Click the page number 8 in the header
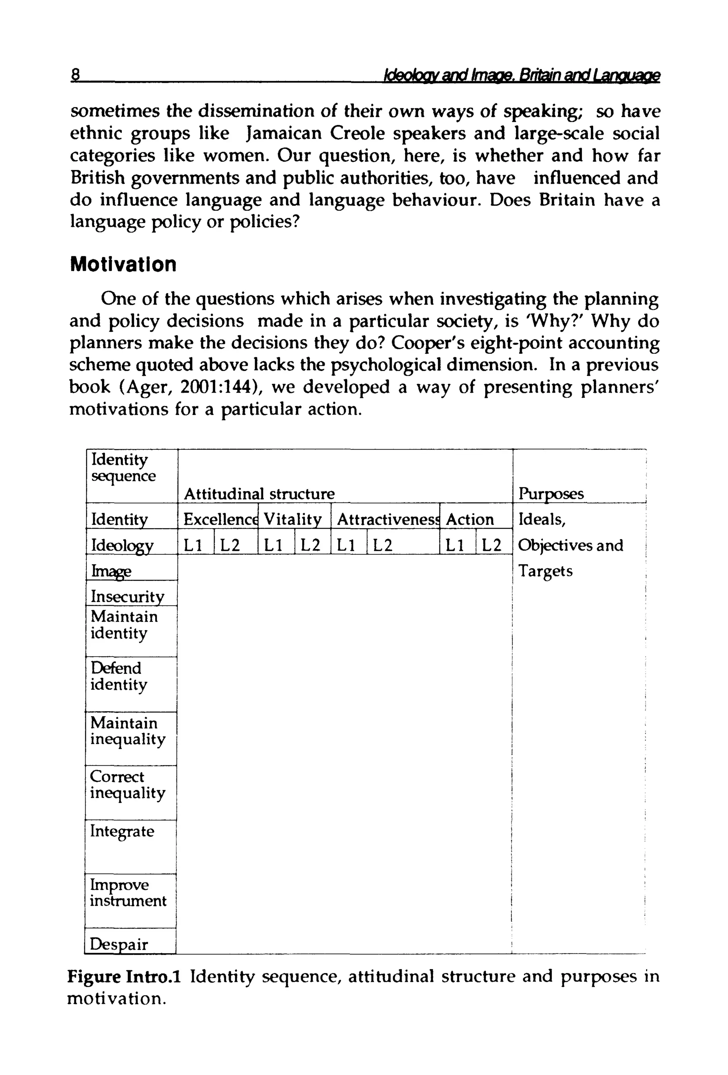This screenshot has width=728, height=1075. [75, 74]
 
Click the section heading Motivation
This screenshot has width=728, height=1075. [123, 265]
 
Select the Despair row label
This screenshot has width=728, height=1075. [118, 944]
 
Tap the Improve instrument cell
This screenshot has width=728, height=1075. [128, 893]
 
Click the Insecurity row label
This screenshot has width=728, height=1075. [127, 596]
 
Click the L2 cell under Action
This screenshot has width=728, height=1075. [491, 546]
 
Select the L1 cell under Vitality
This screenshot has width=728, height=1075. [273, 546]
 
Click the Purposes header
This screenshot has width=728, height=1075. [551, 494]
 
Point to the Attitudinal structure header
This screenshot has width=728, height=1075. [259, 494]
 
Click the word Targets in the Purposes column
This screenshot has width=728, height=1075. [545, 571]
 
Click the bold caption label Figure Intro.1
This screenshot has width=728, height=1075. [123, 976]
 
